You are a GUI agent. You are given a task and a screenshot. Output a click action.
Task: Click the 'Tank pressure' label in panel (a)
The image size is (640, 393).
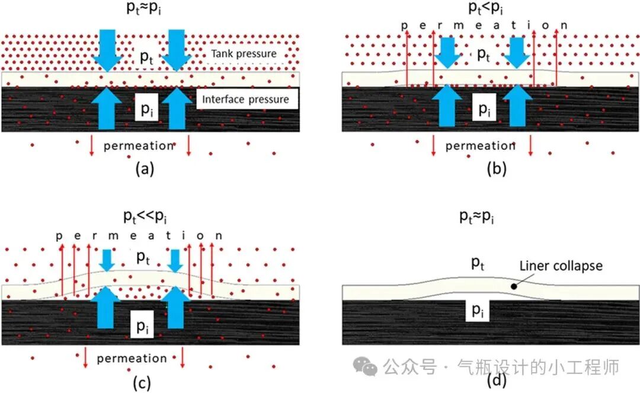coord(244,54)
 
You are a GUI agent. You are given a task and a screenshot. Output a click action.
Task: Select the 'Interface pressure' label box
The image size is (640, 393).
coord(247,99)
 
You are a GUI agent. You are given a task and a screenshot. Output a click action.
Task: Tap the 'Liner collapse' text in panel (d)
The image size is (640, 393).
coord(561,266)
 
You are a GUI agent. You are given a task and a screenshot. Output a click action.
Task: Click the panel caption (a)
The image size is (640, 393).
coord(145,168)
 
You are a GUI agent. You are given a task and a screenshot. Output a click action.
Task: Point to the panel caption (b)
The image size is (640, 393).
coord(497,168)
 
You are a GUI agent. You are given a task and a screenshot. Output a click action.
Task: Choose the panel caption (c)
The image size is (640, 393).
coord(142,382)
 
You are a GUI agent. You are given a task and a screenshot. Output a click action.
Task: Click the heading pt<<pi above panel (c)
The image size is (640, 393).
coord(145,216)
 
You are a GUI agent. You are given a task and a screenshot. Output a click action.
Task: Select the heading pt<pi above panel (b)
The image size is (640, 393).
coord(485,7)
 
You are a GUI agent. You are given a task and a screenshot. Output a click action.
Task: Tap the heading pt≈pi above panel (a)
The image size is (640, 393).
coord(143,8)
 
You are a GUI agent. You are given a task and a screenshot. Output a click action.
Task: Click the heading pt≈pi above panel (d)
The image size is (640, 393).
coord(476,216)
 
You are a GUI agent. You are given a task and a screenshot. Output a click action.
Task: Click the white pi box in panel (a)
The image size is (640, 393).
coord(146,109)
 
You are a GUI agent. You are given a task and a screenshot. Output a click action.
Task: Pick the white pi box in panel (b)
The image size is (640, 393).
coord(484,107)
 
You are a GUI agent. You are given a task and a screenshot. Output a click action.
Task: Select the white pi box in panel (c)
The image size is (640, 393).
coord(142,325)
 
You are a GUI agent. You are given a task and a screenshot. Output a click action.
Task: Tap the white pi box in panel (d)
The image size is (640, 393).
coord(478,310)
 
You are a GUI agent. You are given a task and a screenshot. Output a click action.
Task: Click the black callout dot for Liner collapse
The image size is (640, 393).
coord(514,286)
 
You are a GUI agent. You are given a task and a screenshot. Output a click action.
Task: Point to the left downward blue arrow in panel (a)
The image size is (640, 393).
coord(108,50)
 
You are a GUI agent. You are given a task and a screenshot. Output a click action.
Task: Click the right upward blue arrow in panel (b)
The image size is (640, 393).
coord(517,106)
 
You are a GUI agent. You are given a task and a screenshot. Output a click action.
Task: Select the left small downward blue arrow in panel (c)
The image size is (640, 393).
coord(107,260)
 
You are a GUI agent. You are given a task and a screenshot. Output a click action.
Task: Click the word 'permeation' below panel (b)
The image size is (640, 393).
coord(481,146)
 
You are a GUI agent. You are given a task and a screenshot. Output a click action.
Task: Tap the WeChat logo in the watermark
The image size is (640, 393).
coord(365,366)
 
